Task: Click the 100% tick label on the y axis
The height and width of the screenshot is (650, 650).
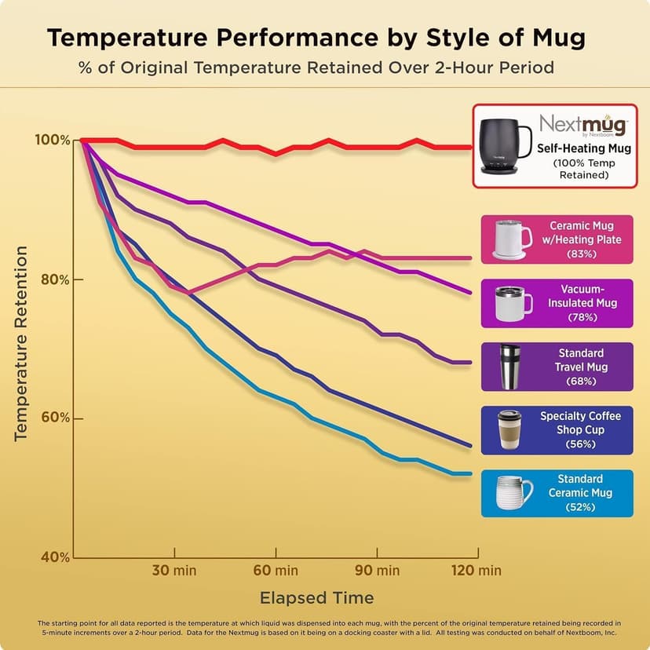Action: point(52,140)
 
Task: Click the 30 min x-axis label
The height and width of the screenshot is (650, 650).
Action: point(174,570)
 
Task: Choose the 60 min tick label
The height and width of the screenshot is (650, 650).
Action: point(276,570)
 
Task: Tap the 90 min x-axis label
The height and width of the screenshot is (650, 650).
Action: point(377,570)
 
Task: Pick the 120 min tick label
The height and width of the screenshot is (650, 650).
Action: point(477,570)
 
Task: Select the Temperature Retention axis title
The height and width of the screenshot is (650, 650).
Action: point(21,343)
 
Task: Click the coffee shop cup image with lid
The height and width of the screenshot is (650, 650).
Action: point(509,429)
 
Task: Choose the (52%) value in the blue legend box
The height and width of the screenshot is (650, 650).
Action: point(581,507)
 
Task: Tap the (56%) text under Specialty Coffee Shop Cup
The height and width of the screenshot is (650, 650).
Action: point(581,444)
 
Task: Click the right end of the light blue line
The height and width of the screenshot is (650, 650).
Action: point(470,473)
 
